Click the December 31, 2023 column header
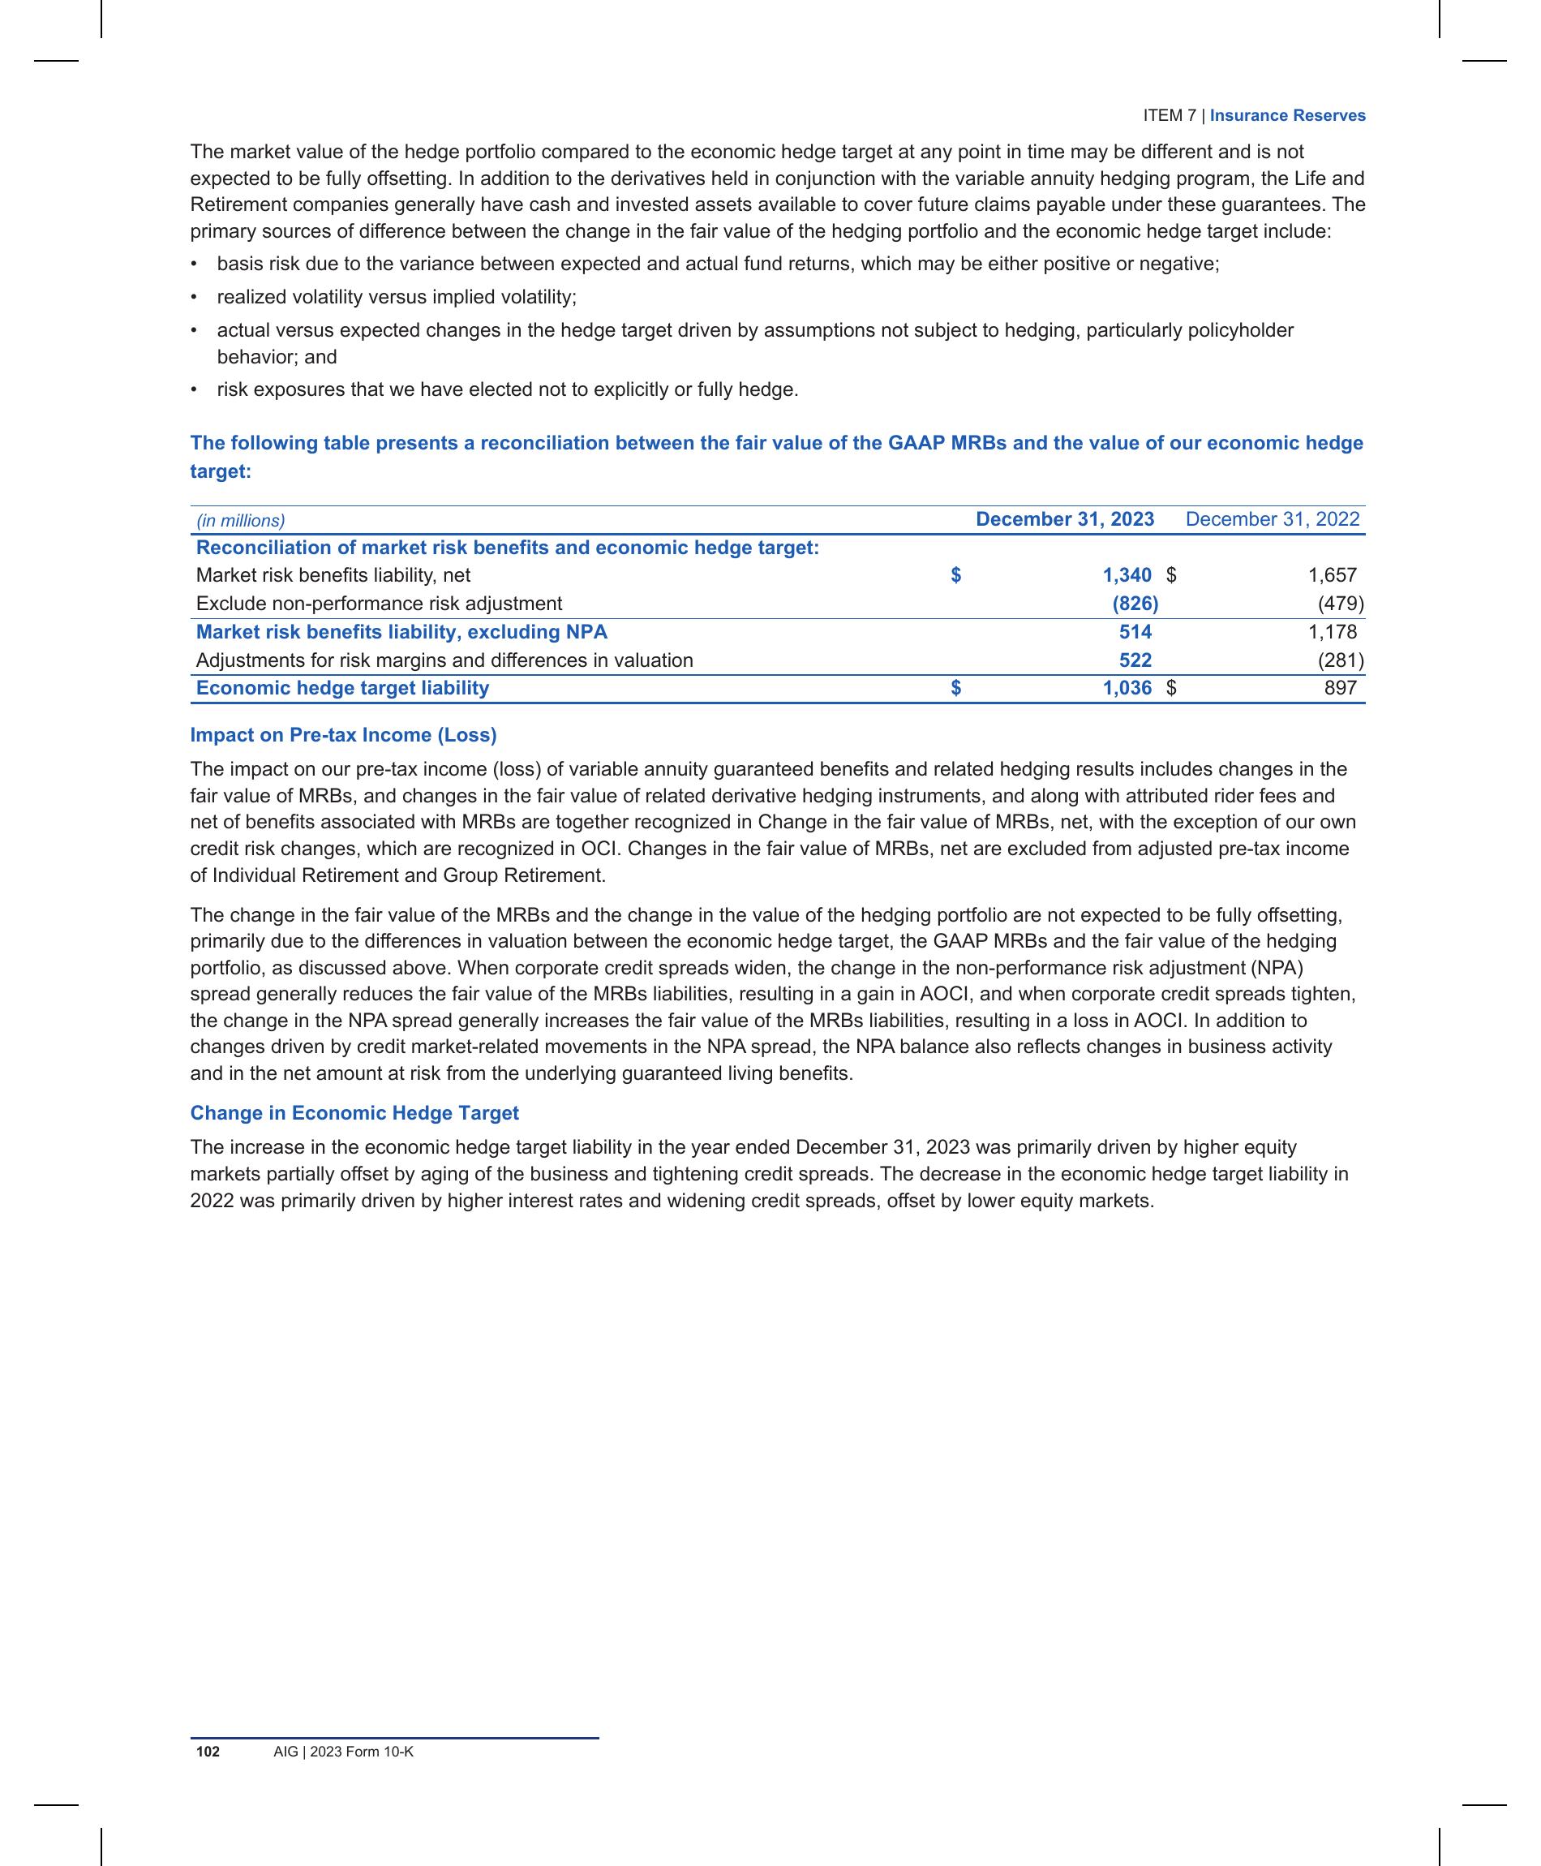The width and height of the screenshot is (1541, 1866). point(1064,519)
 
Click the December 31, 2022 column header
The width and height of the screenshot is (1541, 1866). point(1272,519)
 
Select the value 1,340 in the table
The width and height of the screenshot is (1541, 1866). point(1127,575)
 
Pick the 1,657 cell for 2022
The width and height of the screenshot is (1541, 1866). point(1332,575)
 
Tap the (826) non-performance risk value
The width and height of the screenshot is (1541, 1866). point(1135,604)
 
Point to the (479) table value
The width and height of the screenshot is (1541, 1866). point(1341,604)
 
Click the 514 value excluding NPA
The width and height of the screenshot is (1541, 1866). point(1135,632)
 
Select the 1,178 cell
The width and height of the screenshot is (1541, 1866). point(1332,632)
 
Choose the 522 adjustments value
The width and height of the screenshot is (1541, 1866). point(1135,660)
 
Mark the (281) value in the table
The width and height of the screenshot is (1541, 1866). point(1341,660)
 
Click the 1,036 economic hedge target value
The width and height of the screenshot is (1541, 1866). point(1127,688)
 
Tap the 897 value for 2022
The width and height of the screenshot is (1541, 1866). point(1341,688)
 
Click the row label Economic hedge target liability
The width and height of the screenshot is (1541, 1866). point(342,688)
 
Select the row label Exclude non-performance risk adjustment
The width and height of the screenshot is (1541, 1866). point(379,604)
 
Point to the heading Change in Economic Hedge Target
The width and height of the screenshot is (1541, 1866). point(354,1113)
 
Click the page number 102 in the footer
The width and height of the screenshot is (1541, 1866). point(208,1752)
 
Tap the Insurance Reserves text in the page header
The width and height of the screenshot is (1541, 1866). point(1287,115)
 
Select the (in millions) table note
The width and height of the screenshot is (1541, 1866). point(241,521)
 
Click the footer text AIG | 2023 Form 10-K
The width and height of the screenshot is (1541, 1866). point(344,1752)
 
